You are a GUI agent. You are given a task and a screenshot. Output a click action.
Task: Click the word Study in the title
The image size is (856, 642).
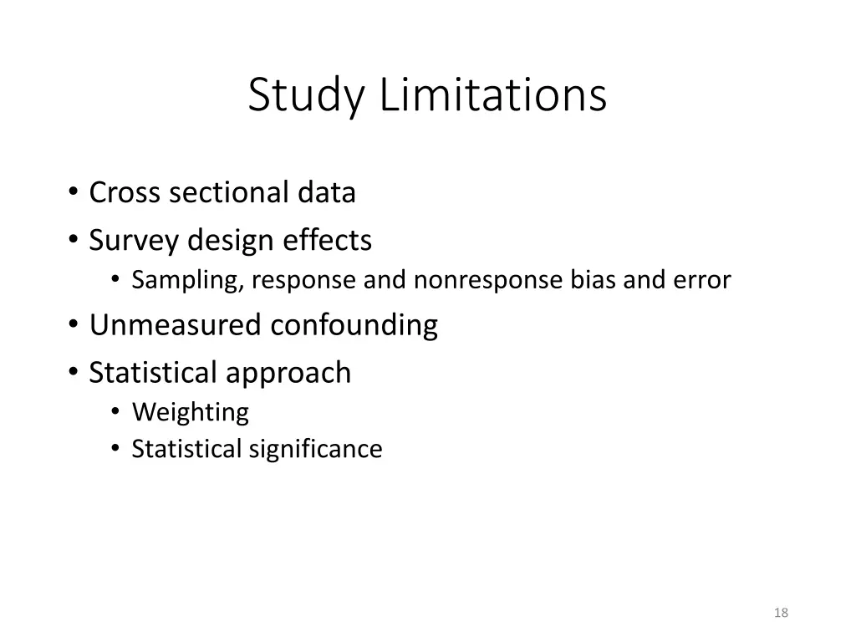coord(306,95)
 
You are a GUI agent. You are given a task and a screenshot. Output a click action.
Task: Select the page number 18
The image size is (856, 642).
coord(782,613)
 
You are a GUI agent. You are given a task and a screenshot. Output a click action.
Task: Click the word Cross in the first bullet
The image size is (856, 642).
coord(125,192)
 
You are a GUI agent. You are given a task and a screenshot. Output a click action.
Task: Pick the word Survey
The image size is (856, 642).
coord(134,241)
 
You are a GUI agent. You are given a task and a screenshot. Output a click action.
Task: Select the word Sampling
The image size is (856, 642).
coord(187,281)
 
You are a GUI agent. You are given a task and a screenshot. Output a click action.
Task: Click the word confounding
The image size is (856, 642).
coord(354,324)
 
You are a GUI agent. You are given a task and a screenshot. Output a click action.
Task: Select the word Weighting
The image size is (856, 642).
coord(190,412)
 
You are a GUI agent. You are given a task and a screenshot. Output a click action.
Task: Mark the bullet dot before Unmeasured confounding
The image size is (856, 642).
coord(74,324)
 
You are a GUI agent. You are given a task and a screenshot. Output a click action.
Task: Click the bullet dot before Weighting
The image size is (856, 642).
coord(115,412)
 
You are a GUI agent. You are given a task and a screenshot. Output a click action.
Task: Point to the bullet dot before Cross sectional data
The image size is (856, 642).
coord(74,192)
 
